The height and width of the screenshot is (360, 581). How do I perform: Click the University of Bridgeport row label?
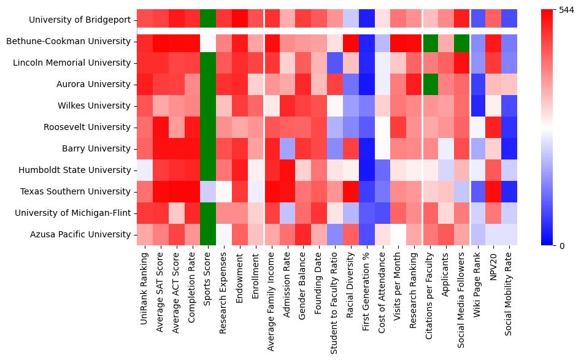[80, 20]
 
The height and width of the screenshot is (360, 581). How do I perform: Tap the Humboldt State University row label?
[80, 170]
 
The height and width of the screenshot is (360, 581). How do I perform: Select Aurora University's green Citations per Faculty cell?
[430, 85]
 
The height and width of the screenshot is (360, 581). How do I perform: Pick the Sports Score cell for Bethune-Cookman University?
[209, 42]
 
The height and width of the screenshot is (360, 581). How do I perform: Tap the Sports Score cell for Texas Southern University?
[209, 191]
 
